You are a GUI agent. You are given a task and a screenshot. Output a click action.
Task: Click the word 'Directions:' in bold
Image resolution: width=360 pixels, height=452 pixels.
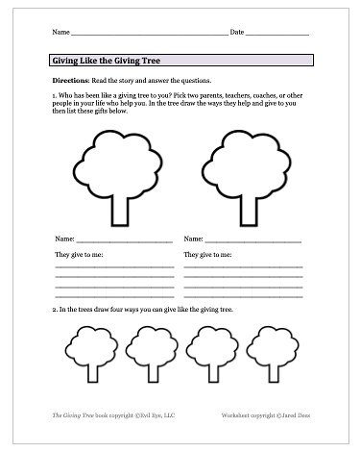(69, 81)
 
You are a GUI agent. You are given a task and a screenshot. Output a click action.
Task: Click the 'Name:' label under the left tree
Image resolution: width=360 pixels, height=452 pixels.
(64, 238)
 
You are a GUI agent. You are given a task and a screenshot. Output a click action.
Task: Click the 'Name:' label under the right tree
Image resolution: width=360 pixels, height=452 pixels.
(193, 238)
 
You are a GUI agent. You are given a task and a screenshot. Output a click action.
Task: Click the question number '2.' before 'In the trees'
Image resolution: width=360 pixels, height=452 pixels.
(55, 311)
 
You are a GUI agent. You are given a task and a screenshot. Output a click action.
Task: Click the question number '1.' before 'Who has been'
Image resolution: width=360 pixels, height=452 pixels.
(55, 97)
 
